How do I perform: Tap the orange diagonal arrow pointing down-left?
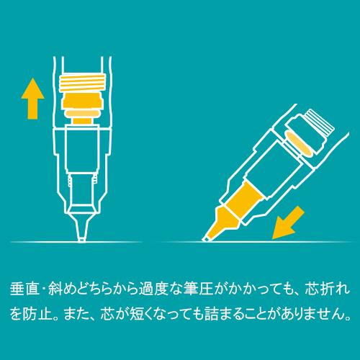(x=291, y=221)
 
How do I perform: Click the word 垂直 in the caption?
(x=23, y=288)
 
